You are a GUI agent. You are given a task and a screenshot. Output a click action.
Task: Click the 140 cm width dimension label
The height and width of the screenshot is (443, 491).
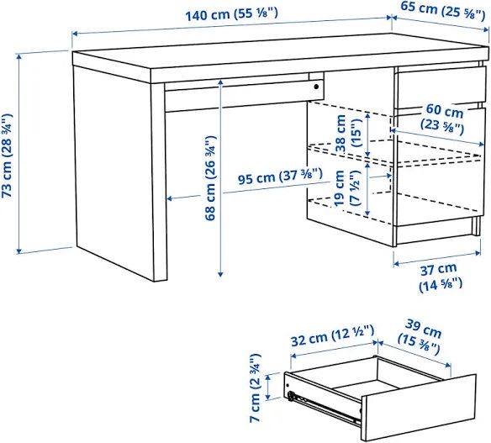(232, 14)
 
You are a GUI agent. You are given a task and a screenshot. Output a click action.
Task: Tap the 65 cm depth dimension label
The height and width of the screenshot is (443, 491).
(442, 10)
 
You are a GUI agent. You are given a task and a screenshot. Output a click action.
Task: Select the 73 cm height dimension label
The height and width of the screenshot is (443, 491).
(7, 156)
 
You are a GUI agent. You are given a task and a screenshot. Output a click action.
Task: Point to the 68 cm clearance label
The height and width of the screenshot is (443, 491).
(210, 178)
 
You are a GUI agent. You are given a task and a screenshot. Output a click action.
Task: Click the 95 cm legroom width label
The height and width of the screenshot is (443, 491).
(280, 176)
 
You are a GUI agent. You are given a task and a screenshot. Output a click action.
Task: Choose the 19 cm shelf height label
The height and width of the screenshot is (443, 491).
(347, 187)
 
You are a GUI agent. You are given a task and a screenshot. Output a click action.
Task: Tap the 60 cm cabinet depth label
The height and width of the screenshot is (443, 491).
(443, 117)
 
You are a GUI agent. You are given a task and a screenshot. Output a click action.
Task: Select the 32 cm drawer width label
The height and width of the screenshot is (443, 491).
(333, 335)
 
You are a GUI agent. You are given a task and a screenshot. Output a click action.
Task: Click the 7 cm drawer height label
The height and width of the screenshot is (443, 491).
(256, 388)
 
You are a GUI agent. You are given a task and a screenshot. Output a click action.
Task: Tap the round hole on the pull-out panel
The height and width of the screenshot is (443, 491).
(316, 87)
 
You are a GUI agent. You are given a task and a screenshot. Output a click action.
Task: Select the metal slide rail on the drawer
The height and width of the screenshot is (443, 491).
(323, 409)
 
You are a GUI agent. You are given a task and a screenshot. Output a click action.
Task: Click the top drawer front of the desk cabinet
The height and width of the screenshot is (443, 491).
(441, 87)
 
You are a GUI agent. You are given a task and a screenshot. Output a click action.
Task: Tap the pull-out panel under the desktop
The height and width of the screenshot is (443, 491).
(245, 95)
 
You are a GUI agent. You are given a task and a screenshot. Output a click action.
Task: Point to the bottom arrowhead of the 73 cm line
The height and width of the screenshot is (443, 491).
(19, 251)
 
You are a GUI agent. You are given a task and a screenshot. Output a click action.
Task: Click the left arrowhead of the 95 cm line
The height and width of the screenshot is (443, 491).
(169, 198)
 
